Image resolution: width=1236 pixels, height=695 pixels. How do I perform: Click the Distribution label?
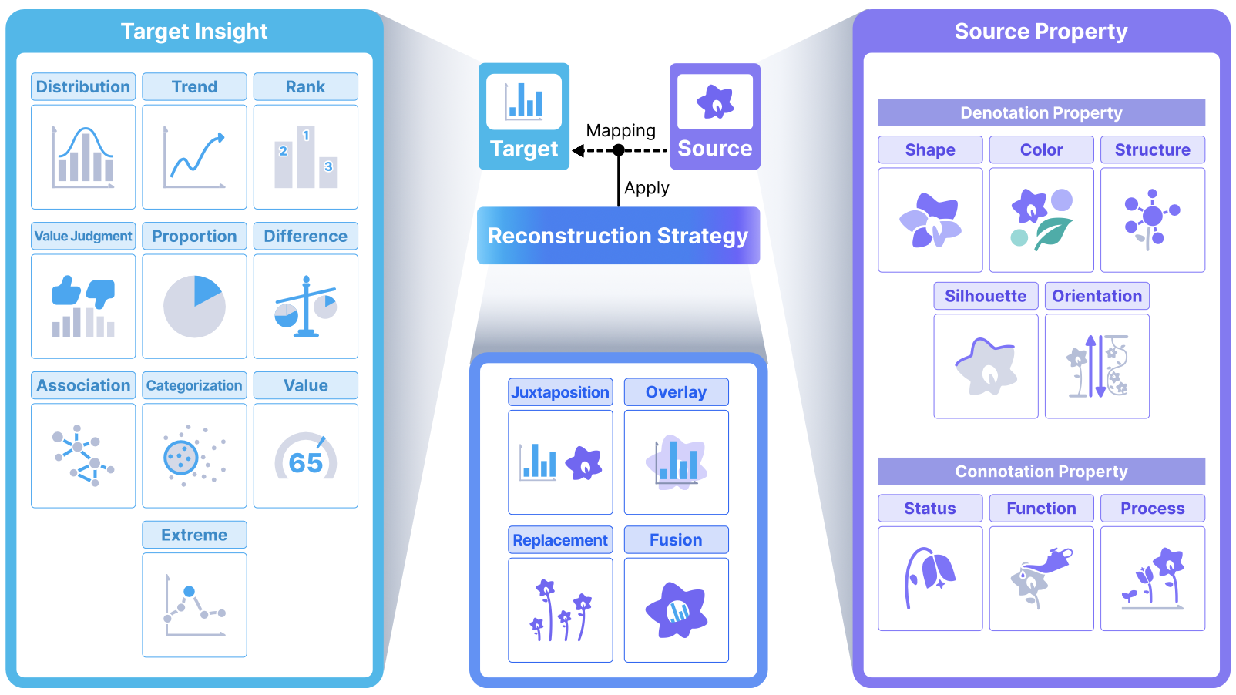click(x=83, y=87)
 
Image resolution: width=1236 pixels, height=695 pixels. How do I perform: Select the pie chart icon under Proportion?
click(x=194, y=306)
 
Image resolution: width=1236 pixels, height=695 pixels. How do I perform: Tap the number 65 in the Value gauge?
click(x=305, y=462)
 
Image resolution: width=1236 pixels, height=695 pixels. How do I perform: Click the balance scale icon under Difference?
click(x=306, y=306)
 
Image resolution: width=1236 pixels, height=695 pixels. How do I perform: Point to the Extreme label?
click(x=194, y=535)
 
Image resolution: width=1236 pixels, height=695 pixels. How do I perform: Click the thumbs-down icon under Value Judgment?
click(x=101, y=293)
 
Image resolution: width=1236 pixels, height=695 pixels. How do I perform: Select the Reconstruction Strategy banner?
click(x=618, y=236)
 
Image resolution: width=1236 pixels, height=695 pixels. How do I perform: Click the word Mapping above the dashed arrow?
click(x=620, y=131)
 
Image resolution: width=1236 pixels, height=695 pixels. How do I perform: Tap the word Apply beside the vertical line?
click(x=647, y=188)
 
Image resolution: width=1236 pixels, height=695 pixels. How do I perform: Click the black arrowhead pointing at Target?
click(x=578, y=150)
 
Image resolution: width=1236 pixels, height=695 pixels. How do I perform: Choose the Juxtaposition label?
click(x=560, y=392)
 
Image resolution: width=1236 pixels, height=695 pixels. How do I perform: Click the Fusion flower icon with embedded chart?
click(x=676, y=610)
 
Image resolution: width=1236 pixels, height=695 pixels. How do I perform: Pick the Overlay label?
click(x=676, y=392)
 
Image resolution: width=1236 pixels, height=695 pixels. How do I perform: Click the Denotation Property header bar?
click(x=1041, y=112)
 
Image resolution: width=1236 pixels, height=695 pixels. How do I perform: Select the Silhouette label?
click(x=986, y=296)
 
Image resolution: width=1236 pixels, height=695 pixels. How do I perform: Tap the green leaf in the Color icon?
click(x=1053, y=233)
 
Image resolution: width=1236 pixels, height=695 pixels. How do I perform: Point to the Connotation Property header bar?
click(x=1041, y=472)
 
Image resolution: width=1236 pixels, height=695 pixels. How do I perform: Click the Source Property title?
click(x=1041, y=32)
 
